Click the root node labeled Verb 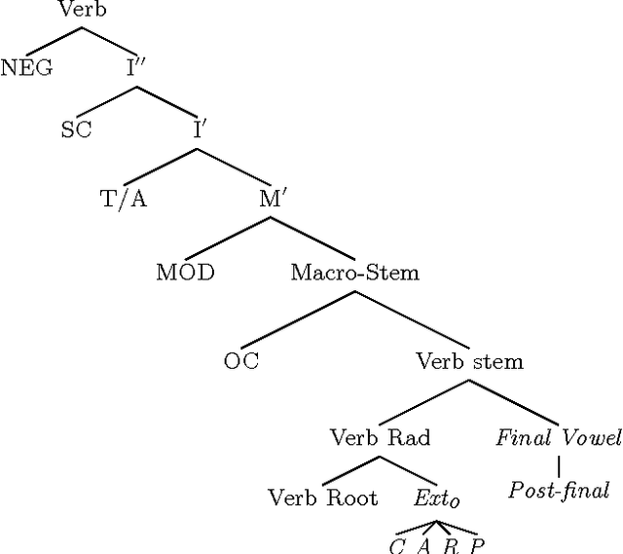pyautogui.click(x=82, y=12)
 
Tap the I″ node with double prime pyautogui.click(x=137, y=70)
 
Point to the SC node pyautogui.click(x=76, y=130)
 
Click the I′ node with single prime pyautogui.click(x=198, y=129)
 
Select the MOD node pyautogui.click(x=185, y=272)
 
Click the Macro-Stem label pyautogui.click(x=354, y=272)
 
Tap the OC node pyautogui.click(x=241, y=361)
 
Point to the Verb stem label pyautogui.click(x=469, y=361)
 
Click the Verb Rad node pyautogui.click(x=380, y=437)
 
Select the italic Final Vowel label pyautogui.click(x=558, y=437)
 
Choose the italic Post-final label pyautogui.click(x=558, y=490)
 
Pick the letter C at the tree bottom pyautogui.click(x=397, y=545)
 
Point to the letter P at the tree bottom pyautogui.click(x=477, y=545)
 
